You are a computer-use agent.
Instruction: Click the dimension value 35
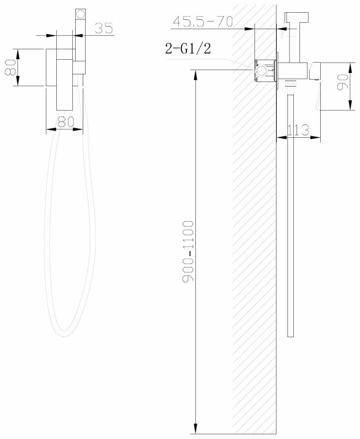tap(104, 28)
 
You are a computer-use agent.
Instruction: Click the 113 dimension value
tap(299, 130)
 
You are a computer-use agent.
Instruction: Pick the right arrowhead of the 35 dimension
tap(79, 35)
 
